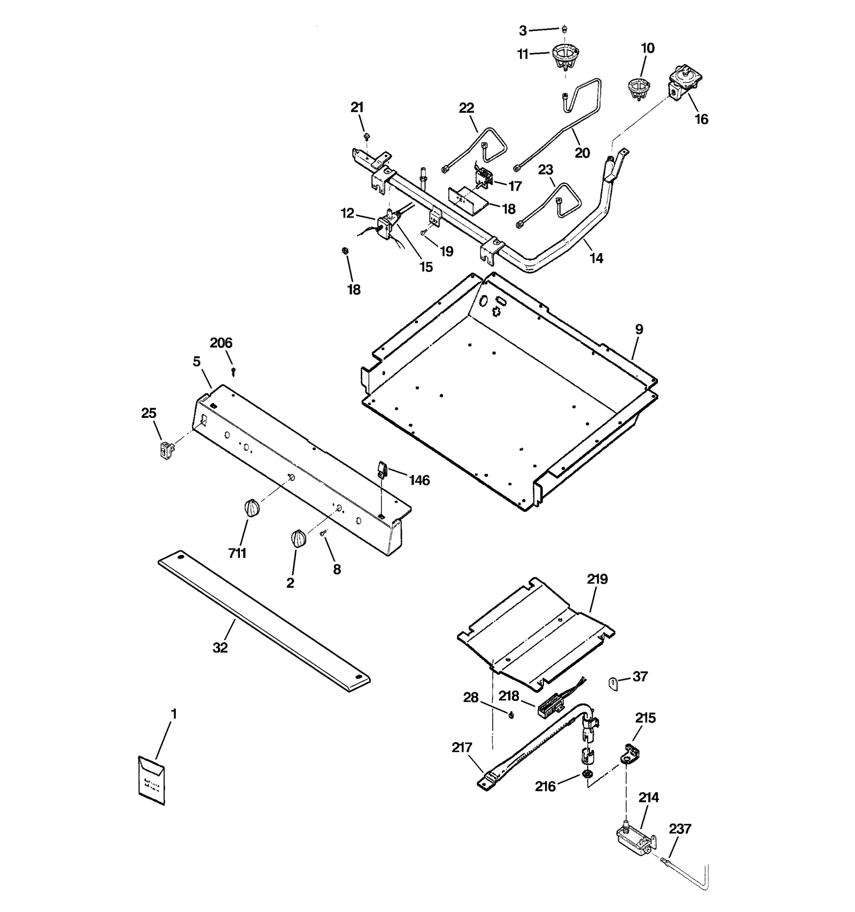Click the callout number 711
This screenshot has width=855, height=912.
click(237, 553)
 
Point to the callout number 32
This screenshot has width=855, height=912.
click(220, 648)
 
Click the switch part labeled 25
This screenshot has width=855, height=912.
click(167, 450)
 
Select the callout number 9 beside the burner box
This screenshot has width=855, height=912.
click(639, 329)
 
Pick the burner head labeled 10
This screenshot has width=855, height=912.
click(638, 88)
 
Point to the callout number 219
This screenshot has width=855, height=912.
click(597, 579)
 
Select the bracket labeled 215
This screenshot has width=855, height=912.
click(631, 752)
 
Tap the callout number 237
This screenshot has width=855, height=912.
click(680, 829)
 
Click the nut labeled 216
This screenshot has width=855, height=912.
click(587, 774)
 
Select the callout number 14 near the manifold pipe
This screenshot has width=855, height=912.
click(596, 258)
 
